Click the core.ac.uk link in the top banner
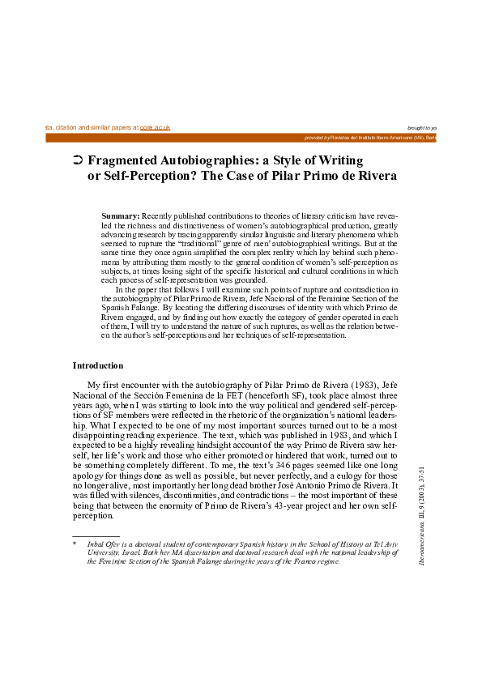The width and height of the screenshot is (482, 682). pyautogui.click(x=155, y=128)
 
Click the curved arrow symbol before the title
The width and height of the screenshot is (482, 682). pyautogui.click(x=77, y=161)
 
